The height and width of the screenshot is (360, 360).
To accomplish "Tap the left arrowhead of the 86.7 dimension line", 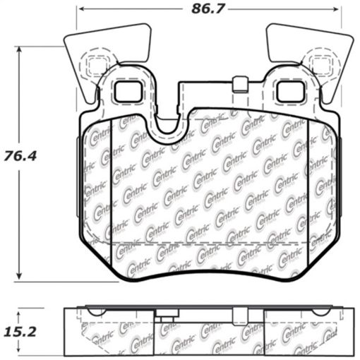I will pos(80,10).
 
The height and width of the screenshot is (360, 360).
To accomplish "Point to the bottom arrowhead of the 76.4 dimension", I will pos(21,277).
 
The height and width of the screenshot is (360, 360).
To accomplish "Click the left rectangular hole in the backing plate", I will pos(126,91).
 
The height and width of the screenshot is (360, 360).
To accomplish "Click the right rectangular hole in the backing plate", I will pos(288,91).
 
